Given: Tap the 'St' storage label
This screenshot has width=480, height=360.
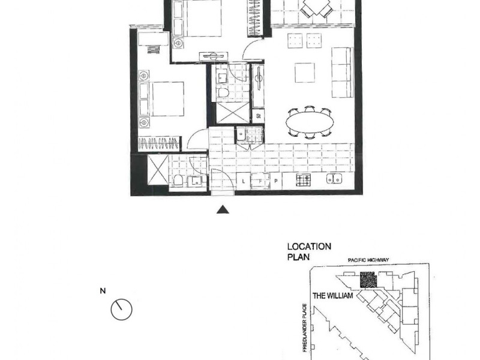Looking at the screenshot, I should click(x=259, y=115).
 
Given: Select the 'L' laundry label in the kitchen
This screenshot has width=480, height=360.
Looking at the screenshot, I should click(x=243, y=179).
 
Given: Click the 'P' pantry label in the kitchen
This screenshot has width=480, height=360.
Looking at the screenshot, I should click(x=275, y=179).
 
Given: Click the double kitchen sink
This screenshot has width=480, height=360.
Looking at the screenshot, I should click(x=334, y=179).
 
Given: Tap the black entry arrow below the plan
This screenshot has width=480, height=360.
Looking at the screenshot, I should click(x=223, y=209).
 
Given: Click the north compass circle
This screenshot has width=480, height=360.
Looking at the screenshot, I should click(x=121, y=310).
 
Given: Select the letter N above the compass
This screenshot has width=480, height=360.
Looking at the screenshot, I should click(x=103, y=292).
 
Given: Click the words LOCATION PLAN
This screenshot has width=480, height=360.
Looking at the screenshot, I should click(x=309, y=251).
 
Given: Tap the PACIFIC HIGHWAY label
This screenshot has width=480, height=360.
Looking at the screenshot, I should click(x=369, y=260).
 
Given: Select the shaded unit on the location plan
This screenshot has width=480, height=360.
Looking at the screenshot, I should click(x=367, y=280).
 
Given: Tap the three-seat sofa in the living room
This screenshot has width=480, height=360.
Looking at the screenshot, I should click(x=341, y=73).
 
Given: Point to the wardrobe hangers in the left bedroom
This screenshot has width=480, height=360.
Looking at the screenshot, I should click(x=158, y=144).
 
